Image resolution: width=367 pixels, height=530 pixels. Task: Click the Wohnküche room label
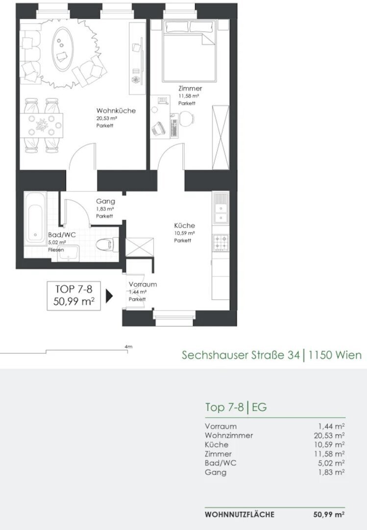pyautogui.click(x=116, y=110)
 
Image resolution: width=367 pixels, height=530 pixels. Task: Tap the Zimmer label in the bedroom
pyautogui.click(x=190, y=88)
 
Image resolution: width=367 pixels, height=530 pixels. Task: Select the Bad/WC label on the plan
pyautogui.click(x=62, y=235)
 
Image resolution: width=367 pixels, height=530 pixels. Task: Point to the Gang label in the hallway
pyautogui.click(x=105, y=201)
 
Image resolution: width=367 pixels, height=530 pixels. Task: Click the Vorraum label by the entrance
pyautogui.click(x=143, y=284)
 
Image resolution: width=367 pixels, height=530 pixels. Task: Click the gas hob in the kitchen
pyautogui.click(x=220, y=242)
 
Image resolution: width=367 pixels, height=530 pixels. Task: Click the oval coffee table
pyautogui.click(x=62, y=49)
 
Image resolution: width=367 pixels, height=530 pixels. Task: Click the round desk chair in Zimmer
pyautogui.click(x=187, y=119)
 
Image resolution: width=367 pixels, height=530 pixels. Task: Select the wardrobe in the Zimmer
pyautogui.click(x=220, y=137)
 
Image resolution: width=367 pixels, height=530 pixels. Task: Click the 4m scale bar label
pyautogui.click(x=128, y=347)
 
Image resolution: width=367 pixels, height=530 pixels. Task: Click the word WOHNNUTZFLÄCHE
pyautogui.click(x=240, y=514)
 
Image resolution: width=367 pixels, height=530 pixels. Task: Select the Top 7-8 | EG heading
pyautogui.click(x=236, y=407)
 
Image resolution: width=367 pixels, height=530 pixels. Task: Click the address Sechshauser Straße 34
pyautogui.click(x=241, y=355)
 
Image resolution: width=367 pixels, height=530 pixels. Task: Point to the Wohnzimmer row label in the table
pyautogui.click(x=228, y=435)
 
